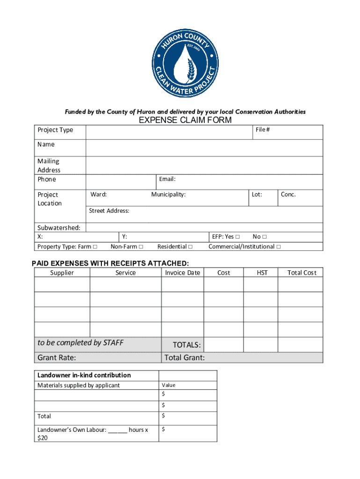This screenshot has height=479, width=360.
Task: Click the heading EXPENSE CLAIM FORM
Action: tap(185, 120)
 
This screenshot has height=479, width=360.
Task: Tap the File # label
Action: tap(262, 130)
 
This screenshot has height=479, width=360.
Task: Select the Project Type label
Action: tap(55, 130)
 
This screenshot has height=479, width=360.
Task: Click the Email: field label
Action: tap(167, 179)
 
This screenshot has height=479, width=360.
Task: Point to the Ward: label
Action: tap(99, 194)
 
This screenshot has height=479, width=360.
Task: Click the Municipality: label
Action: tap(168, 194)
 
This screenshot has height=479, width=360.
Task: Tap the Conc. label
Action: tap(288, 194)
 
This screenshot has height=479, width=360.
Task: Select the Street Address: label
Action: tap(109, 211)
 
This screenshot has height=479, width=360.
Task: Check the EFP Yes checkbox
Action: tap(238, 237)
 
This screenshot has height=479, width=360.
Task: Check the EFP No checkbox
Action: tap(264, 237)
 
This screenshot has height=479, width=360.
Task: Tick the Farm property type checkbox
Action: tap(95, 247)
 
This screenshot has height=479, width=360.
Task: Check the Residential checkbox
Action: tap(190, 247)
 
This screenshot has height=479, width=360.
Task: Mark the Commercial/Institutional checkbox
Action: tap(279, 247)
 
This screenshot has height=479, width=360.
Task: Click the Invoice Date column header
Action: tap(182, 273)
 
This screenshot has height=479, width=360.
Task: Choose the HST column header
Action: tap(262, 273)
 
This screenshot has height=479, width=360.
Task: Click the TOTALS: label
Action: tap(187, 345)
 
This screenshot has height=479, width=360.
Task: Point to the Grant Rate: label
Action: tap(57, 358)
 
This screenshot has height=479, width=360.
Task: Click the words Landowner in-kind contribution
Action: tap(84, 375)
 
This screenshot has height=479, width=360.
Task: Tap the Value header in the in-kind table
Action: tap(168, 385)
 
